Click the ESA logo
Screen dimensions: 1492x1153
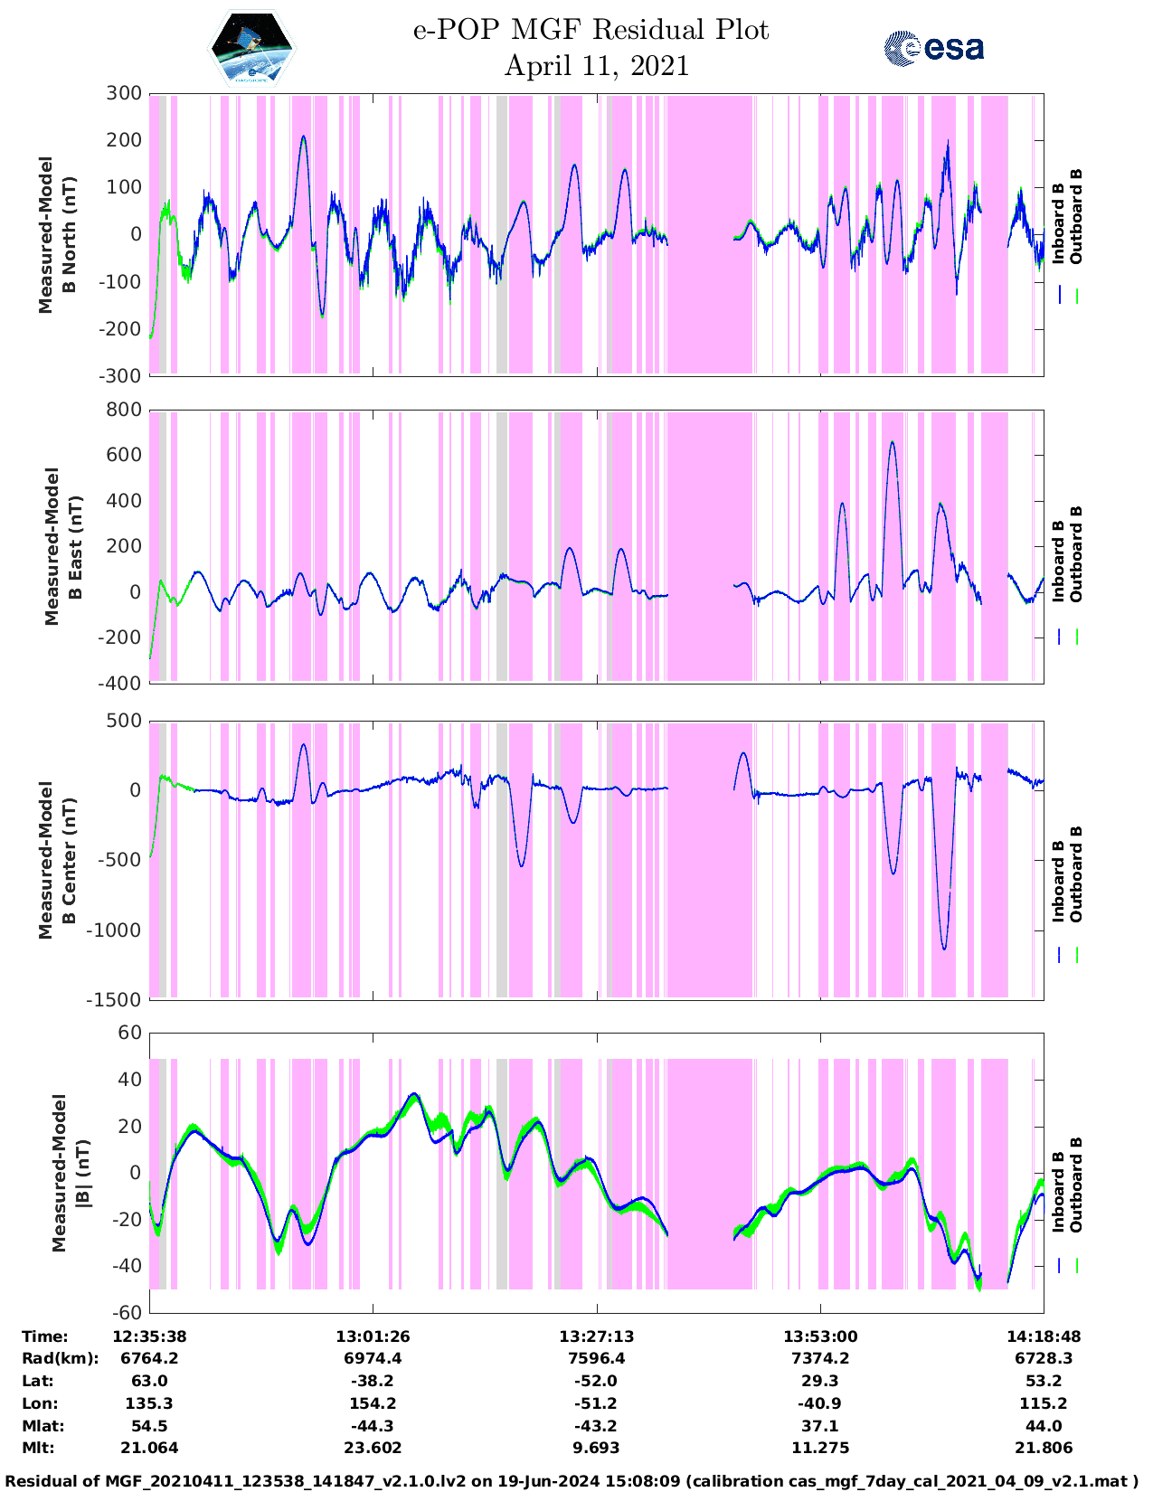click(x=933, y=48)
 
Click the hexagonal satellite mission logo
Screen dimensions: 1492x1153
click(x=252, y=49)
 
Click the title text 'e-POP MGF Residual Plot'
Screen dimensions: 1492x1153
click(x=591, y=31)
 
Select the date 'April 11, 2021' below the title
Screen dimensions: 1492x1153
click(x=596, y=66)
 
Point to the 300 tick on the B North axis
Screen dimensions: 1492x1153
click(x=124, y=93)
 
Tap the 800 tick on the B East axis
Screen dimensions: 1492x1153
click(x=124, y=410)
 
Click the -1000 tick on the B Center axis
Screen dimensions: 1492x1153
click(x=114, y=930)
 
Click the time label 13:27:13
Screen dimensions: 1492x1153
click(x=596, y=1336)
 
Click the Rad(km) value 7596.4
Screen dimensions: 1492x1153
click(x=596, y=1358)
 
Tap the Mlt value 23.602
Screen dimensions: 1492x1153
click(x=373, y=1448)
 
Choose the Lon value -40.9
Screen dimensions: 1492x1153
click(x=820, y=1403)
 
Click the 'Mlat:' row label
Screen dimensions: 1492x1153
click(x=41, y=1426)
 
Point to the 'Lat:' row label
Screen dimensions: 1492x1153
click(x=37, y=1381)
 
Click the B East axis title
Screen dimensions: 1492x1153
click(x=61, y=546)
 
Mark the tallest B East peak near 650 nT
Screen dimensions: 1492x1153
click(x=893, y=443)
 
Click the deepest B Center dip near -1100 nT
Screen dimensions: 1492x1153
click(x=944, y=949)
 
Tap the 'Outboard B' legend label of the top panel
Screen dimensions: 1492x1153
click(x=1076, y=217)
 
